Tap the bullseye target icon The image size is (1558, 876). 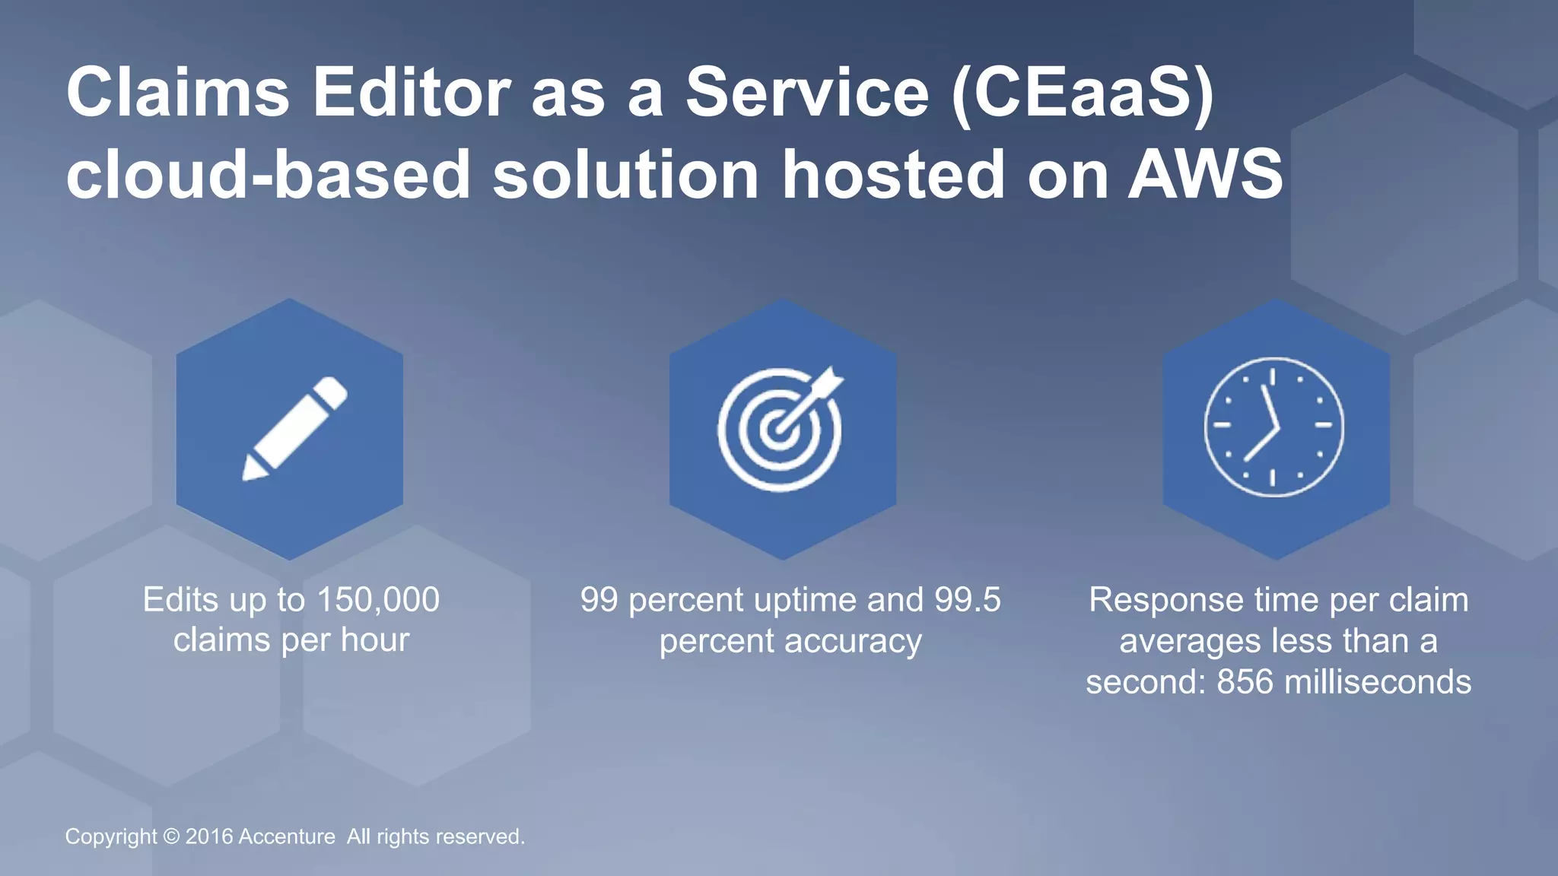(780, 430)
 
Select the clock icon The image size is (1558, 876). (1274, 427)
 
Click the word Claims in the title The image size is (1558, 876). (177, 93)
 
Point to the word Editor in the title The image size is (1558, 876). (412, 93)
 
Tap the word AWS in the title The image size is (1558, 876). (1206, 175)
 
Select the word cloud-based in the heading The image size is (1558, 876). (269, 175)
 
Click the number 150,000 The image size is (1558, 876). (377, 600)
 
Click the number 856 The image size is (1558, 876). (1245, 681)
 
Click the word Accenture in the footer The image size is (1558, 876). (287, 836)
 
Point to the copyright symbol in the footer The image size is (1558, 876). (171, 836)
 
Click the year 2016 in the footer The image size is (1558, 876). (209, 836)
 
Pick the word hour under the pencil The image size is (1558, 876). (375, 640)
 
